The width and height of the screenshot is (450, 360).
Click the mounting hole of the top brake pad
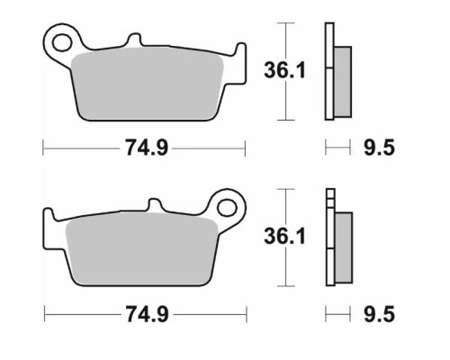[62, 42]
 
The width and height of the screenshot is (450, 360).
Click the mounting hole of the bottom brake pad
[227, 208]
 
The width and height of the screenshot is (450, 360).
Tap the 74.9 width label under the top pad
[146, 148]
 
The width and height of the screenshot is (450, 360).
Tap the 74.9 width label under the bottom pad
[147, 314]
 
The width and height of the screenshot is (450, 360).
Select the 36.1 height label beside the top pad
[284, 70]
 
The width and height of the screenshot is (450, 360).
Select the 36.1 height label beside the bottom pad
[284, 237]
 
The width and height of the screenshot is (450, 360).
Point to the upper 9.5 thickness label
[379, 148]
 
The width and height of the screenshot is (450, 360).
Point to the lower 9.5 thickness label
[379, 314]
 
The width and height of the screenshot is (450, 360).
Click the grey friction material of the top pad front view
[147, 84]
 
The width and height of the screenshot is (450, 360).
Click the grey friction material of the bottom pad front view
[141, 249]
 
